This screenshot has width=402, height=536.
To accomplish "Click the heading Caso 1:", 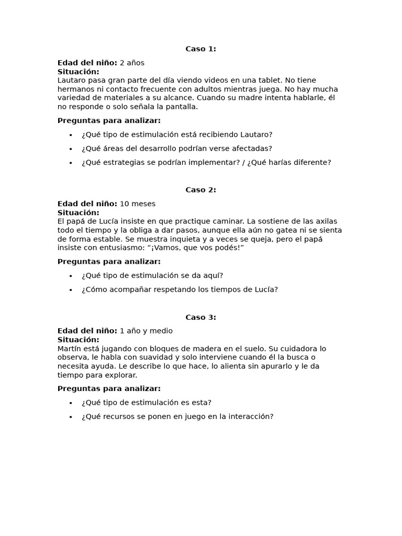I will click(x=200, y=49).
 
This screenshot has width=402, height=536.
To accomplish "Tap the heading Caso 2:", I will click(x=200, y=190).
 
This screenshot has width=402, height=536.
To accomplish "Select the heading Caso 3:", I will click(x=200, y=317).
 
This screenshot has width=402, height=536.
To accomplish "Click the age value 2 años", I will click(x=132, y=63).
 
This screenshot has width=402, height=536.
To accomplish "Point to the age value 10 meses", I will click(x=138, y=204).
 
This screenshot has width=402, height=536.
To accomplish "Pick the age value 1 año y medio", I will click(x=146, y=331).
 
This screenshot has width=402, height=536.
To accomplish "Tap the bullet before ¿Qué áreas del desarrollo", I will click(x=71, y=149).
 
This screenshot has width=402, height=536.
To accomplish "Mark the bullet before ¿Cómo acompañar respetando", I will click(x=71, y=290).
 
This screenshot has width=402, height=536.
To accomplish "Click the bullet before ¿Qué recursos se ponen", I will click(x=71, y=417).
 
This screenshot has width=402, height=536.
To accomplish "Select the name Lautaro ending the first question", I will click(x=256, y=135).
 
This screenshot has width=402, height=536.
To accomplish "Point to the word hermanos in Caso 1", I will click(x=73, y=89).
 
